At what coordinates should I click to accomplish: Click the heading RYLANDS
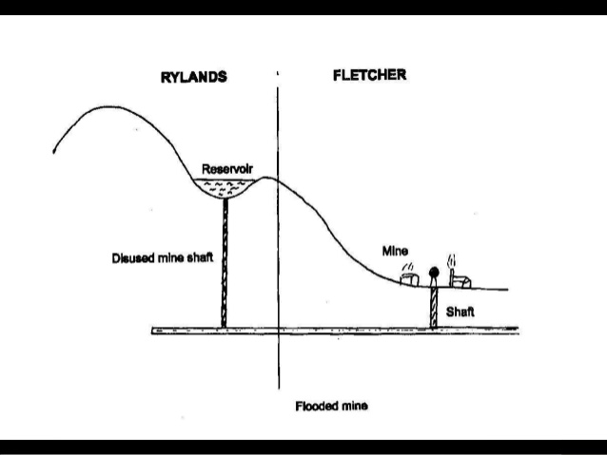pos(194,77)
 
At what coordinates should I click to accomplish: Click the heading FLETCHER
pos(369,75)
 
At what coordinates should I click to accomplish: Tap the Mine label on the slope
pos(395,251)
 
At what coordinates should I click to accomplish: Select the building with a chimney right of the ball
pos(459,279)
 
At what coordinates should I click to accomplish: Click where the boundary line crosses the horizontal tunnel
pos(279,331)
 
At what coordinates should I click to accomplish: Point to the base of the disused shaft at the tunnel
pos(225,327)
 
